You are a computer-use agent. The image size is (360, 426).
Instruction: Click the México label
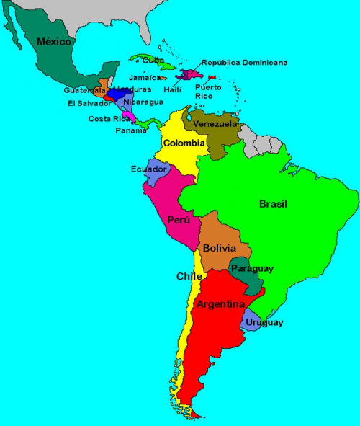tap(54, 42)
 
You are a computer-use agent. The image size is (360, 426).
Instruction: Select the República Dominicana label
tap(244, 63)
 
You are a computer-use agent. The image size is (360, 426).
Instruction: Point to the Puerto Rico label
tap(208, 91)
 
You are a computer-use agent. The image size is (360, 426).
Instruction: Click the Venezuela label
tap(215, 124)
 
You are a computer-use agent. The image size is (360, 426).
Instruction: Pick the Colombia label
tap(184, 143)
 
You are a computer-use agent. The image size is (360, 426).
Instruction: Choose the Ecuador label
tap(149, 169)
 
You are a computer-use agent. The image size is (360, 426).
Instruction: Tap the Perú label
tap(179, 220)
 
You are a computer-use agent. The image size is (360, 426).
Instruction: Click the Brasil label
tap(273, 204)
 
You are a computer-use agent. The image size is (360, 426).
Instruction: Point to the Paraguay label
tap(252, 269)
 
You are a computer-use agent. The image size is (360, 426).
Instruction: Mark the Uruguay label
tap(263, 322)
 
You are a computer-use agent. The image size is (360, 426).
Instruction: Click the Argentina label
tap(220, 304)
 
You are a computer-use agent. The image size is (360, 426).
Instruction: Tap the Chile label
tap(189, 276)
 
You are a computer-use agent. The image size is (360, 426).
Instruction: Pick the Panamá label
tap(131, 130)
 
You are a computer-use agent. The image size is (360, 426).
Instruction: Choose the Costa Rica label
tap(109, 119)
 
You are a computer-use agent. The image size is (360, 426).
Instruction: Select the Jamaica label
tap(144, 78)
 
